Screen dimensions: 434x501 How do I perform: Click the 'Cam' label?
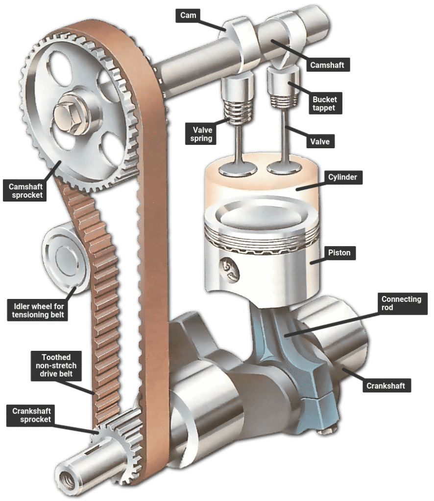188,15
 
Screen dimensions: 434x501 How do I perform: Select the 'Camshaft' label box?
327,65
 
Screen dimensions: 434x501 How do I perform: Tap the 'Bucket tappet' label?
325,103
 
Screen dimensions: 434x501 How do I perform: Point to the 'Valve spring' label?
201,134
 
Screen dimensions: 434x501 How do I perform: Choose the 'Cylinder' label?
342,177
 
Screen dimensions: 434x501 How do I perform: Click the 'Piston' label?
339,253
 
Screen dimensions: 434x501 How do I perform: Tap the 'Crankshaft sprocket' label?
30,415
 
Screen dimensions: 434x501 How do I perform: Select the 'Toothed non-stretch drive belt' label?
56,366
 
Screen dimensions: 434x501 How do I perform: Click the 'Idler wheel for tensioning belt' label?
37,310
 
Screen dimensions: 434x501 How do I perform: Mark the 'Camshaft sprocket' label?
25,191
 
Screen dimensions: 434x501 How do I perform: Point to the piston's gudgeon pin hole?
229,270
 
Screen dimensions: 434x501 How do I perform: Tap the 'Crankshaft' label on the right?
386,386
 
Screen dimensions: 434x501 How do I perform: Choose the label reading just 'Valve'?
319,141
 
